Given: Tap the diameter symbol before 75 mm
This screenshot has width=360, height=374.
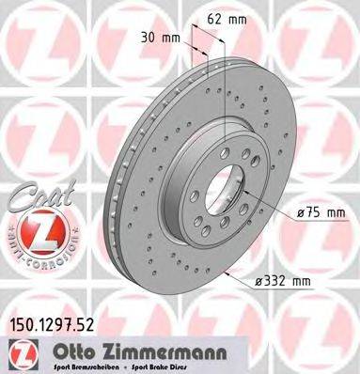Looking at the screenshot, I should click(301, 215).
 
